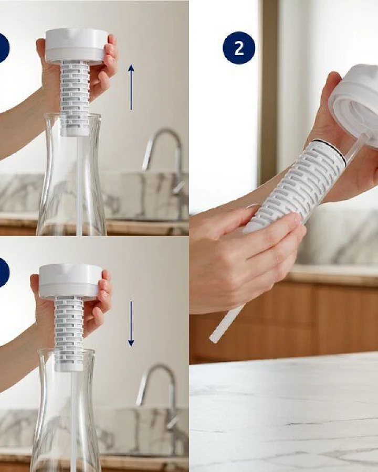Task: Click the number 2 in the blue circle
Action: (x=239, y=48)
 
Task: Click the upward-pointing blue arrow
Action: (x=131, y=87)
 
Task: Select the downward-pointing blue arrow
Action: (x=131, y=324)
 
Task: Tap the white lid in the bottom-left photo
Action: (x=70, y=281)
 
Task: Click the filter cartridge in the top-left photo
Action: (x=75, y=98)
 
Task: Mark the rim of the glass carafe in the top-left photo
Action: (x=72, y=115)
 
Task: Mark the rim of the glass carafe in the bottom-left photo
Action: (x=67, y=351)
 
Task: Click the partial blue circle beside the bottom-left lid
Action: (x=4, y=272)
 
